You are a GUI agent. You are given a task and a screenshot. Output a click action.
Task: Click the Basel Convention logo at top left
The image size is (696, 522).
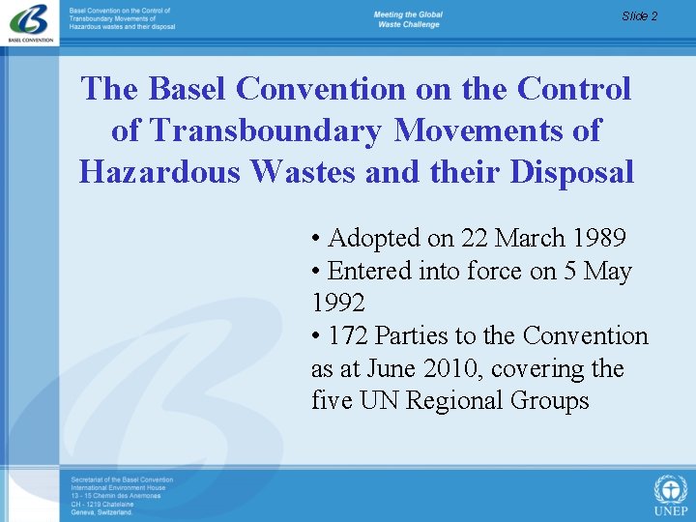pyautogui.click(x=28, y=22)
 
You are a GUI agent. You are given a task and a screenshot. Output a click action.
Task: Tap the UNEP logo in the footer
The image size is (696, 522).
pyautogui.click(x=670, y=494)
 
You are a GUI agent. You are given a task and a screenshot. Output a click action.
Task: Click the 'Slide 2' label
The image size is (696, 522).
pyautogui.click(x=639, y=15)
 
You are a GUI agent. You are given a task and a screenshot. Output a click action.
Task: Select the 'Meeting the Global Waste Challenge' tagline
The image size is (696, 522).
pyautogui.click(x=408, y=19)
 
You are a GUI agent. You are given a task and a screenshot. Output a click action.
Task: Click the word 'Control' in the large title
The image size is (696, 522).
pyautogui.click(x=574, y=89)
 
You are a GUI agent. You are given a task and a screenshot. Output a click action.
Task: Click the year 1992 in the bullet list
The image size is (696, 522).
pyautogui.click(x=338, y=304)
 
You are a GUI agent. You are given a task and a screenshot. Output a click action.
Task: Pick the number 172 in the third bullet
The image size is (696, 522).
pyautogui.click(x=348, y=336)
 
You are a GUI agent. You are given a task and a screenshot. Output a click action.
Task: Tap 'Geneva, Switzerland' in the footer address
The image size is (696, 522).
pyautogui.click(x=101, y=512)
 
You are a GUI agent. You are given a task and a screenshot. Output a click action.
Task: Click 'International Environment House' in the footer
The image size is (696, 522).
pyautogui.click(x=118, y=487)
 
